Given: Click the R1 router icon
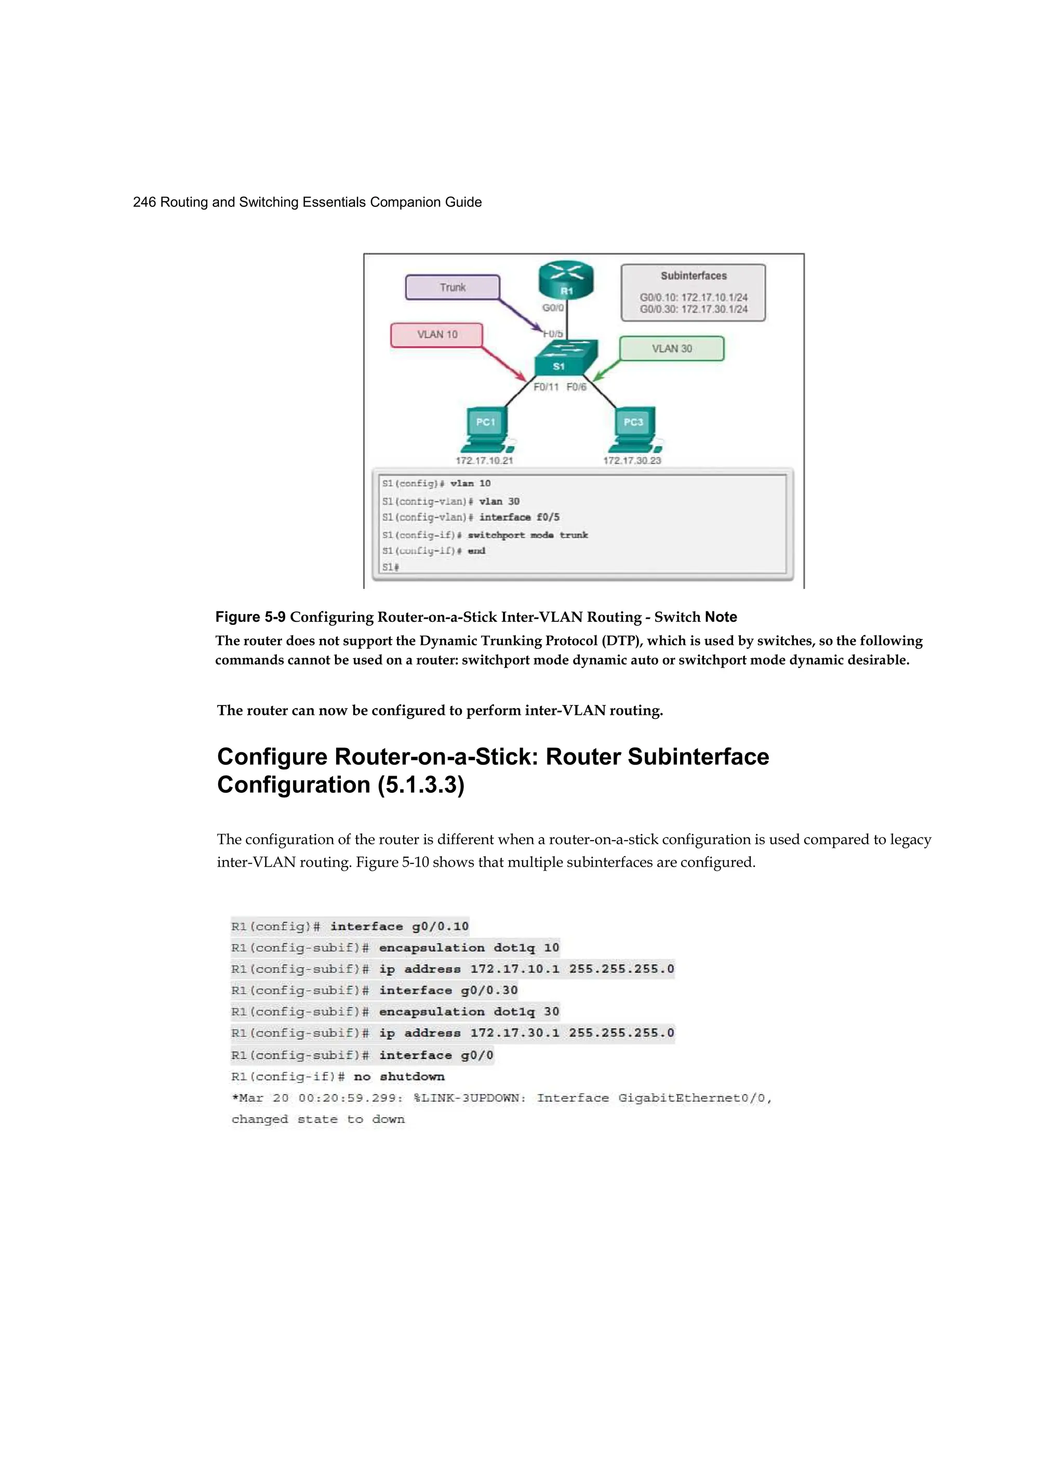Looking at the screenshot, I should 566,282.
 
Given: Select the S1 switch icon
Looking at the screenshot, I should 559,359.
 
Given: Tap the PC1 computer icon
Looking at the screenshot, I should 486,428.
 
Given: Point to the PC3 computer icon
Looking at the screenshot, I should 634,428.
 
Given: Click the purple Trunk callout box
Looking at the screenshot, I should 453,287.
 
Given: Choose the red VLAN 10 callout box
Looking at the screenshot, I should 436,335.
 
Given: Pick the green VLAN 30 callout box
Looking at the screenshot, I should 671,349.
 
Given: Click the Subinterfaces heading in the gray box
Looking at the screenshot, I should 694,276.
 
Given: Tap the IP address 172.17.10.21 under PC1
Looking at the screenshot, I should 484,461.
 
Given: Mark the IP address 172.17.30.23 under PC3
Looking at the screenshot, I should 632,461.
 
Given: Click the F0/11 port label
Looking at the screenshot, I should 546,387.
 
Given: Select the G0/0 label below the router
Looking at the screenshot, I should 553,308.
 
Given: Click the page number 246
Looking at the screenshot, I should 144,202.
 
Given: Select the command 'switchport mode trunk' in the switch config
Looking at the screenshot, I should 527,535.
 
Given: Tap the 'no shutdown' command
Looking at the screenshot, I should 399,1077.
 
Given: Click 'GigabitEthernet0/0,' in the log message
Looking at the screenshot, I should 695,1098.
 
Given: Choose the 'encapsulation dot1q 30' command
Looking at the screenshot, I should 469,1012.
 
